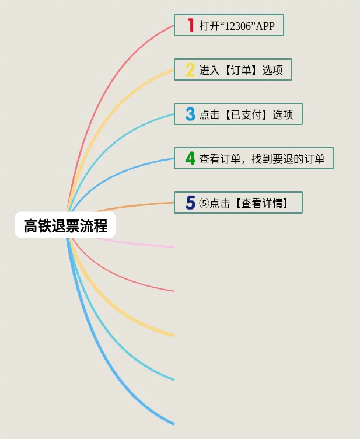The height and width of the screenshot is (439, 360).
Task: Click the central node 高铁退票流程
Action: [x=65, y=225]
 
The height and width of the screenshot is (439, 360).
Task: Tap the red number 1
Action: [x=190, y=25]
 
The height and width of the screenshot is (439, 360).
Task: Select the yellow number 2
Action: [x=190, y=70]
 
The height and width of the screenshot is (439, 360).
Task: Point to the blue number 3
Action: [x=190, y=114]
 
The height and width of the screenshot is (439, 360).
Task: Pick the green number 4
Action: [x=190, y=158]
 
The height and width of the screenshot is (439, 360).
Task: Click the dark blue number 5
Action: [x=190, y=203]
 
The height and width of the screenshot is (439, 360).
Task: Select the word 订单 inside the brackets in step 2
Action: [x=240, y=71]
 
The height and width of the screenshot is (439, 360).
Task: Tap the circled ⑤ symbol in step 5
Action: [x=204, y=204]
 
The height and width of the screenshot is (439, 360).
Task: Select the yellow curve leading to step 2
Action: [x=117, y=102]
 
